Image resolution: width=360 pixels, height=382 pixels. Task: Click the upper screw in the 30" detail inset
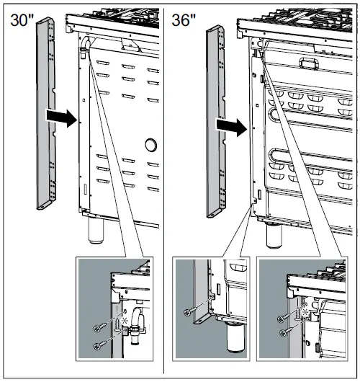point(99,328)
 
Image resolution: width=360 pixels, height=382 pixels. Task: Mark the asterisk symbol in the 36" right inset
point(306,314)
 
